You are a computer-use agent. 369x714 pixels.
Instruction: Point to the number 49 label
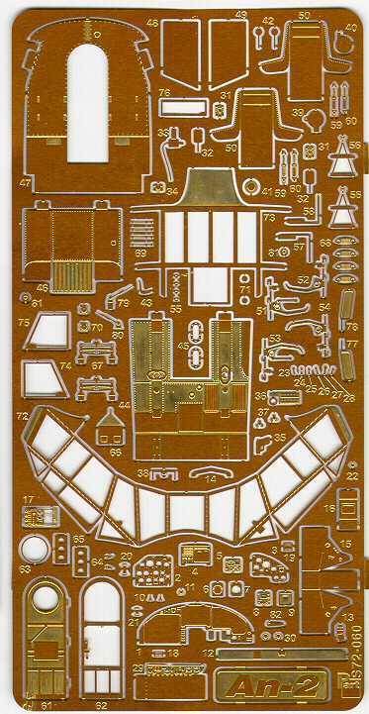tap(241, 17)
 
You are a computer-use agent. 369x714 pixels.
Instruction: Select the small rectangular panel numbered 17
tap(33, 517)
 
